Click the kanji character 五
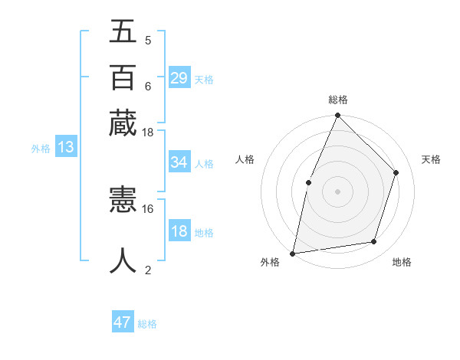pyautogui.click(x=123, y=33)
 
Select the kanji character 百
pyautogui.click(x=123, y=77)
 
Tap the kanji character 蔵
pyautogui.click(x=123, y=123)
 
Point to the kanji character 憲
pyautogui.click(x=123, y=201)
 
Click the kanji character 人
pyautogui.click(x=123, y=260)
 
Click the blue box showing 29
pyautogui.click(x=179, y=78)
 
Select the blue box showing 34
pyautogui.click(x=179, y=162)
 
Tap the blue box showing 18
pyautogui.click(x=179, y=232)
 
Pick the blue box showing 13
pyautogui.click(x=65, y=148)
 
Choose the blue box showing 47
pyautogui.click(x=123, y=322)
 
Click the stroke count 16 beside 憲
pyautogui.click(x=148, y=208)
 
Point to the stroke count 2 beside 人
pyautogui.click(x=148, y=270)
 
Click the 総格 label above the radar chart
pyautogui.click(x=337, y=100)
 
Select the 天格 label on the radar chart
pyautogui.click(x=431, y=159)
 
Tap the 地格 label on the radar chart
pyautogui.click(x=402, y=262)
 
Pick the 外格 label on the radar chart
pyautogui.click(x=270, y=262)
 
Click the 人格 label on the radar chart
pyautogui.click(x=245, y=159)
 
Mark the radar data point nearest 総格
pyautogui.click(x=337, y=116)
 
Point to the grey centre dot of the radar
pyautogui.click(x=337, y=191)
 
